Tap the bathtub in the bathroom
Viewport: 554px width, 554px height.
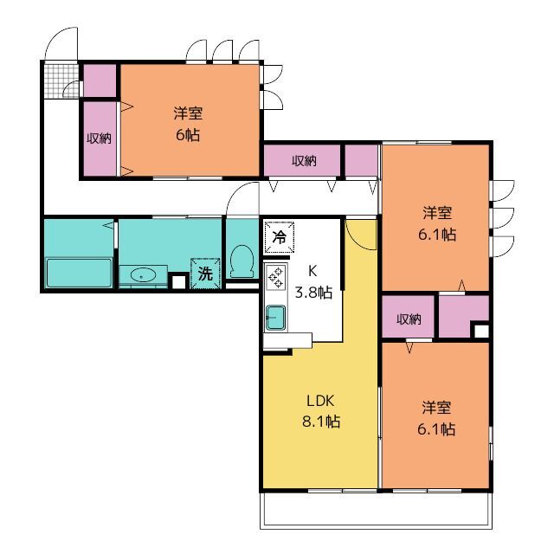[80, 272]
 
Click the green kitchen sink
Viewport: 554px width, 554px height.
[277, 318]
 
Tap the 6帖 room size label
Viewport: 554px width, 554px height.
[187, 125]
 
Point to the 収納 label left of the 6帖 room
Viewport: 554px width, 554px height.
[99, 138]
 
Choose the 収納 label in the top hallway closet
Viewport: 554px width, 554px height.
[303, 160]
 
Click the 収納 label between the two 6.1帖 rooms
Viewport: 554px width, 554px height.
[409, 319]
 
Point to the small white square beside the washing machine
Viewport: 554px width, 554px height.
[178, 280]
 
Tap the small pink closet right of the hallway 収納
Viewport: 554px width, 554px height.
[362, 160]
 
